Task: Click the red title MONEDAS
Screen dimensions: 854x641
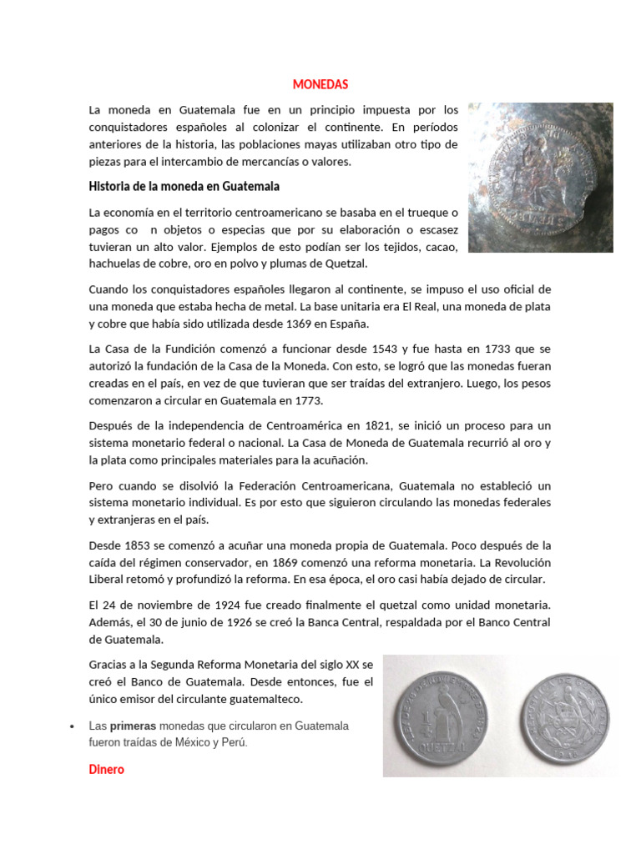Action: click(320, 84)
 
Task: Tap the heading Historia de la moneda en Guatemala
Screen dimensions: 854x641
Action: click(184, 185)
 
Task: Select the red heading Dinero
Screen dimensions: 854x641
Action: click(106, 770)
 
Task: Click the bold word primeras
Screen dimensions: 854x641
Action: click(133, 726)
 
